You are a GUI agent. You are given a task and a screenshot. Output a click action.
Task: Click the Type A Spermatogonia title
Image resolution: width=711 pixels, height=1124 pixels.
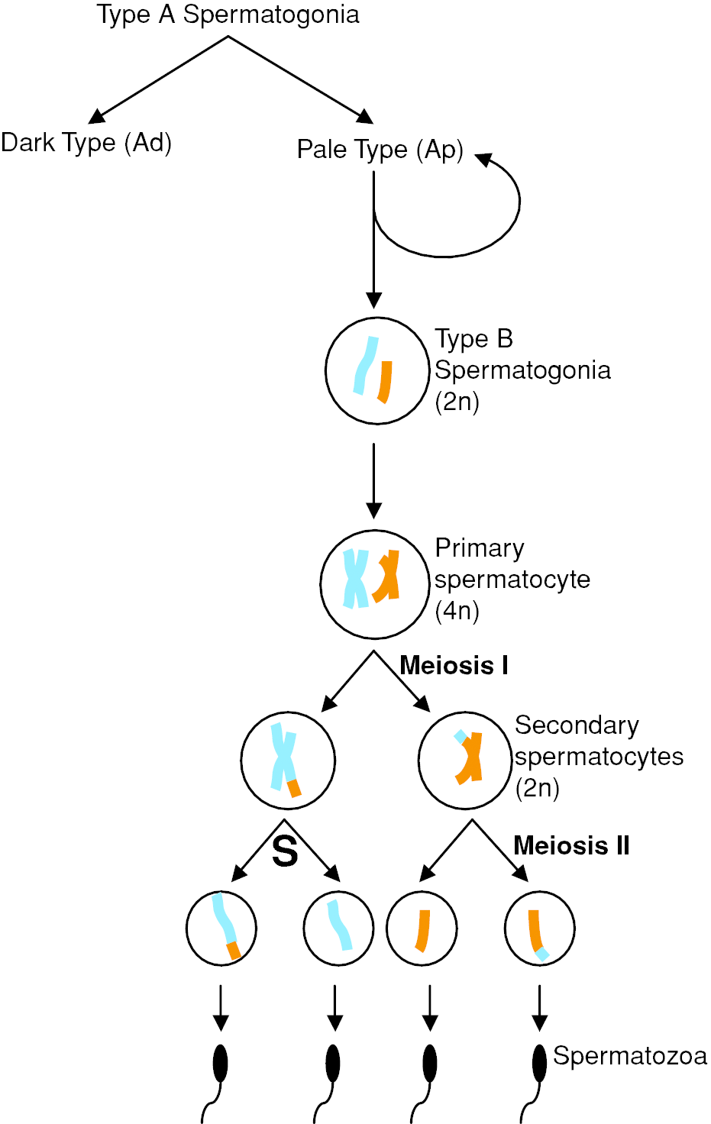point(228,15)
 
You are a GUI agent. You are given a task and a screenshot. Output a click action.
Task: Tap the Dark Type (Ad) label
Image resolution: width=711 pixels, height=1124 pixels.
point(86,143)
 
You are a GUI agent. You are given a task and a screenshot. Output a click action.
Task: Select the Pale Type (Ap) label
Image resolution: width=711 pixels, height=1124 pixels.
point(380,150)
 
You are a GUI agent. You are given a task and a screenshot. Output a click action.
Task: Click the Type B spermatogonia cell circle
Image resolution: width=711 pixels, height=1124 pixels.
point(377,370)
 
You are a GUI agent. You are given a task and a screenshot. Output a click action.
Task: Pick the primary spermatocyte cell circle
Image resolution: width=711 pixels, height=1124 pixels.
point(374,584)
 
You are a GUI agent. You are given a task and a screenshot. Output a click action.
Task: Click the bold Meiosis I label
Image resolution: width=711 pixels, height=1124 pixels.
point(454,666)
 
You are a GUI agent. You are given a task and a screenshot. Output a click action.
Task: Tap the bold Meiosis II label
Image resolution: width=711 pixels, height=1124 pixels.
point(571,846)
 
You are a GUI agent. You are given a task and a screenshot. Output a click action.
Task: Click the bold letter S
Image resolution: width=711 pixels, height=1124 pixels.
point(285,851)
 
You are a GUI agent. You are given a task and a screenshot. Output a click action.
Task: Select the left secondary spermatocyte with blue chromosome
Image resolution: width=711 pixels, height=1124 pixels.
point(287,760)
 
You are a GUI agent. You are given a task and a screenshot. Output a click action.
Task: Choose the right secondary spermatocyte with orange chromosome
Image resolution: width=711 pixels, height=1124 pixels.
point(465,760)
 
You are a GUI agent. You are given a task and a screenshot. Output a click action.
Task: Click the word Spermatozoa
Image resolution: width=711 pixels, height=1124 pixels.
point(629,1056)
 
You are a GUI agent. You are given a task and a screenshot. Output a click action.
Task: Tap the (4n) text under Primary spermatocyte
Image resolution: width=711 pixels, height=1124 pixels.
point(457,611)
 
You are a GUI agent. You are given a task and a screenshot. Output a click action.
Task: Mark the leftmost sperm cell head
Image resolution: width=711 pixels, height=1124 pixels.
point(220,1063)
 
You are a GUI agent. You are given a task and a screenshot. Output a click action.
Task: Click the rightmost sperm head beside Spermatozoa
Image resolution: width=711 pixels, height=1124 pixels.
point(539,1063)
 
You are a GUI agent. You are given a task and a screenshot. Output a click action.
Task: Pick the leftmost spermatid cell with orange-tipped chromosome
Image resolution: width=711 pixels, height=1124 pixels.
point(221,928)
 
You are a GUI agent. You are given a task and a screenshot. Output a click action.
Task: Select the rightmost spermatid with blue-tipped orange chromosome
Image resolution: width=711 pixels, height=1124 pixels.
point(539,928)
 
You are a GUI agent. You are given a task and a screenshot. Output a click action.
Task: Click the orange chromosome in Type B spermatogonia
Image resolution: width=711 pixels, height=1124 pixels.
point(386,382)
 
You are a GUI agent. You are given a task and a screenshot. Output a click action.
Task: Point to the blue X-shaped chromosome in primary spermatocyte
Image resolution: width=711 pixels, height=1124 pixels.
point(355,579)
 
